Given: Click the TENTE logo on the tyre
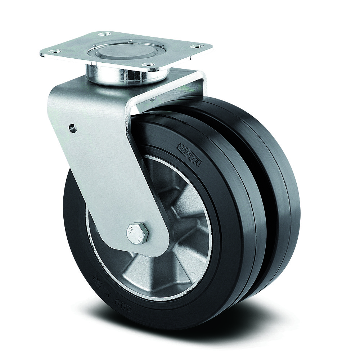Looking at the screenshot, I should (189, 153).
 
